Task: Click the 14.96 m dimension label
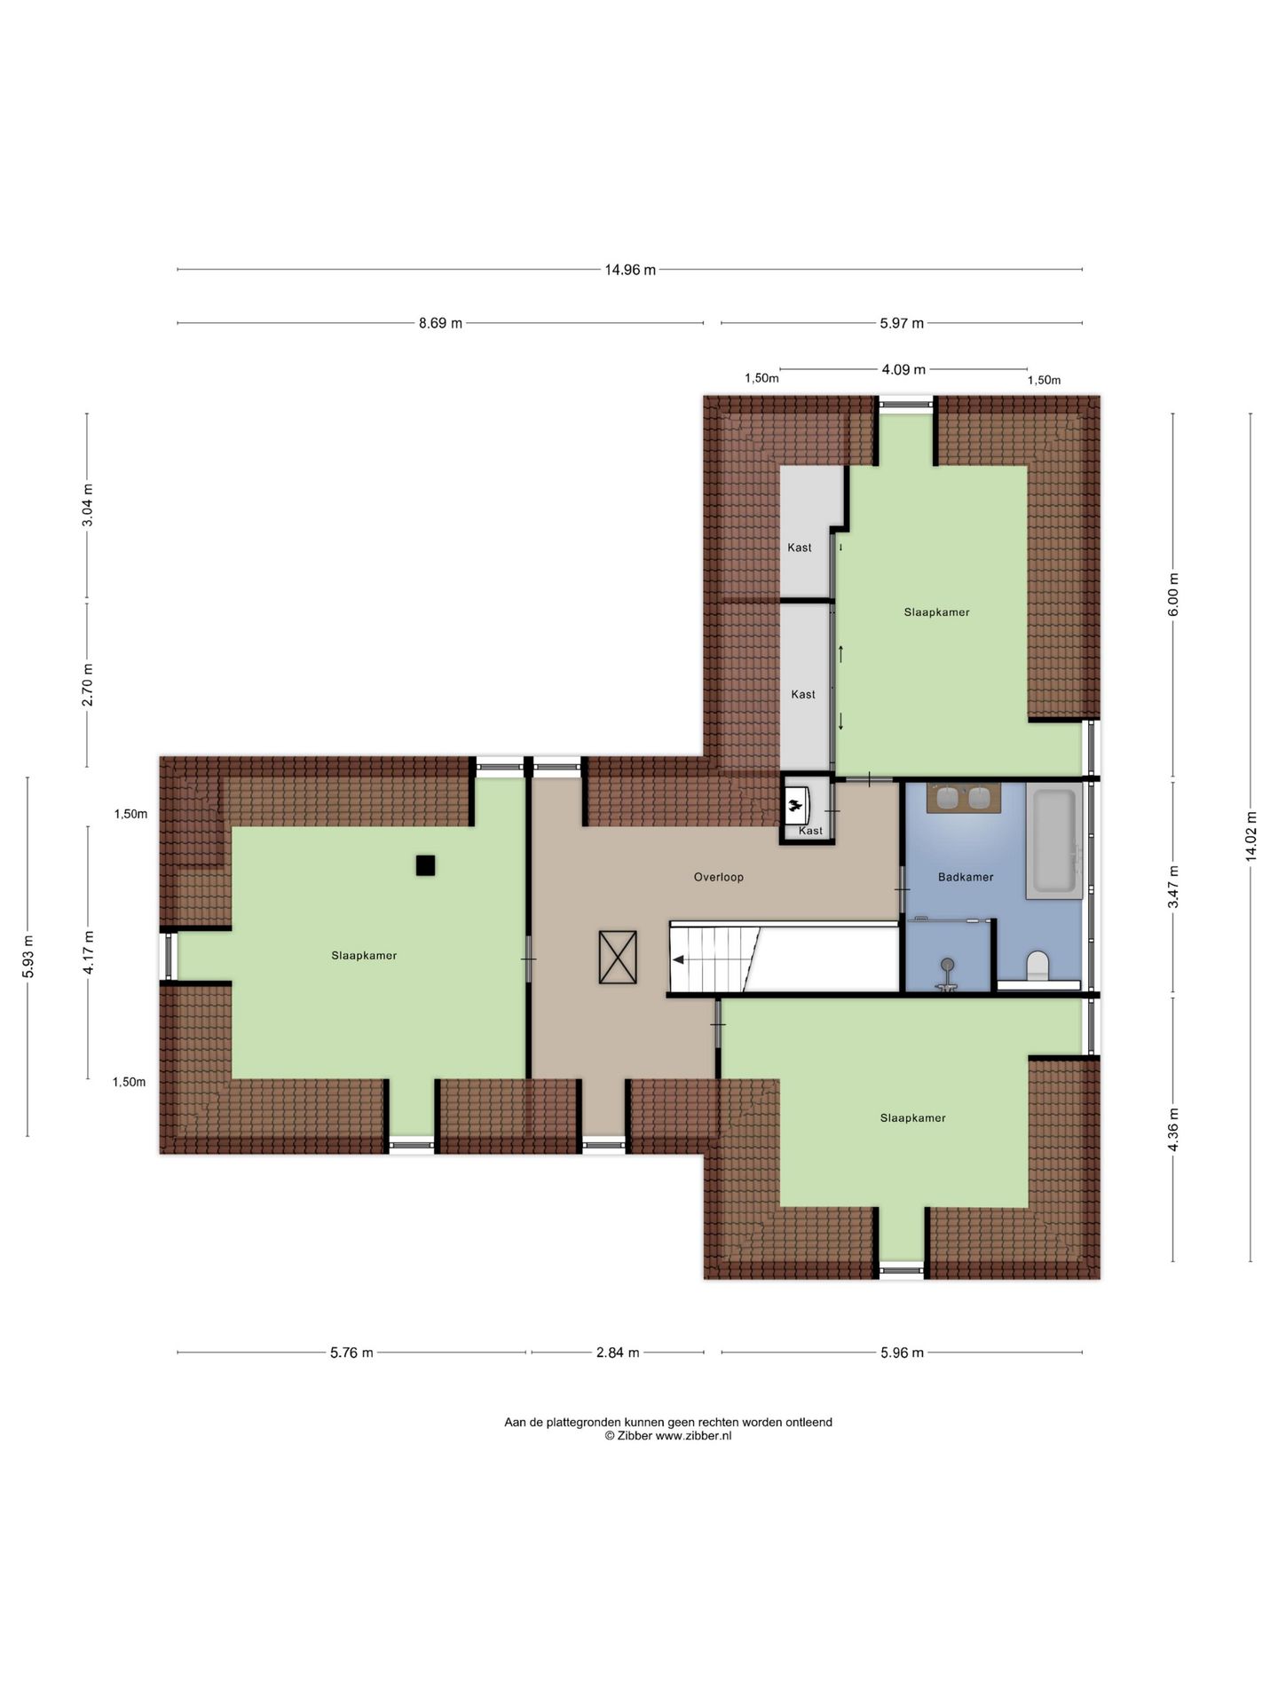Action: (x=630, y=270)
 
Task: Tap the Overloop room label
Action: (x=718, y=877)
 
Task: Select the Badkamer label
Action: (x=966, y=877)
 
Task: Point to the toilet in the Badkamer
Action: (x=1037, y=966)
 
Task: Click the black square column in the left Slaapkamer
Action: (x=425, y=865)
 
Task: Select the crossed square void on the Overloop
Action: (x=618, y=957)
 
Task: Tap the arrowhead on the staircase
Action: (x=678, y=959)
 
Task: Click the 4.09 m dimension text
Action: (x=903, y=369)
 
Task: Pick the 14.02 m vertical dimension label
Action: (x=1250, y=836)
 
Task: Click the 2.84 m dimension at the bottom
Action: (x=618, y=1353)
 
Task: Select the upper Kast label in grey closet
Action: (x=800, y=548)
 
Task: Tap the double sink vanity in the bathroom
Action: (x=963, y=798)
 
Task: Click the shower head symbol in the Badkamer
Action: (x=948, y=965)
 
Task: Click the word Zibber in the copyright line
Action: (x=635, y=1435)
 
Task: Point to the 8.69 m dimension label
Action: (x=440, y=323)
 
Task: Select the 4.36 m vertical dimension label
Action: (x=1173, y=1130)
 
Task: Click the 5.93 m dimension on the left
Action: (x=28, y=957)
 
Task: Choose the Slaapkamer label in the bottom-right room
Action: (x=912, y=1118)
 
